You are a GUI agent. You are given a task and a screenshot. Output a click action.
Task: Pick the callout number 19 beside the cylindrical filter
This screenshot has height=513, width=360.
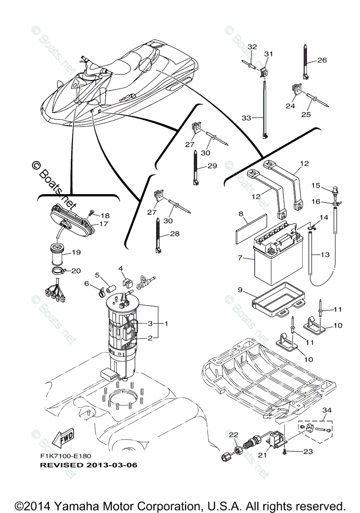[x=76, y=253]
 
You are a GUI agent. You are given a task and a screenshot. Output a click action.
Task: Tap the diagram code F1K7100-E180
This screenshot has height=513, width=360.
[x=66, y=457]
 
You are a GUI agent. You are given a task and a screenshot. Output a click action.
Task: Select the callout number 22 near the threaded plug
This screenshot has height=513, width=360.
[x=233, y=435]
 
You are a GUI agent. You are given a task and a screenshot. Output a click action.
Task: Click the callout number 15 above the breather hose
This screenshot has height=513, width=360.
[x=327, y=186]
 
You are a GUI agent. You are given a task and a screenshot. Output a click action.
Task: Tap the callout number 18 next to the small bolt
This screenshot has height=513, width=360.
[x=105, y=215]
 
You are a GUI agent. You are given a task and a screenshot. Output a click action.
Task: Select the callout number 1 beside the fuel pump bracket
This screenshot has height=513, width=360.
[x=166, y=324]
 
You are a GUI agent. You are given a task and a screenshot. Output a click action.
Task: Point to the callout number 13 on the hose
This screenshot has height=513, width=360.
[x=325, y=255]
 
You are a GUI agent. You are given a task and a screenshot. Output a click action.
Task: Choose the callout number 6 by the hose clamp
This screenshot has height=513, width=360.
[x=87, y=284]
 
